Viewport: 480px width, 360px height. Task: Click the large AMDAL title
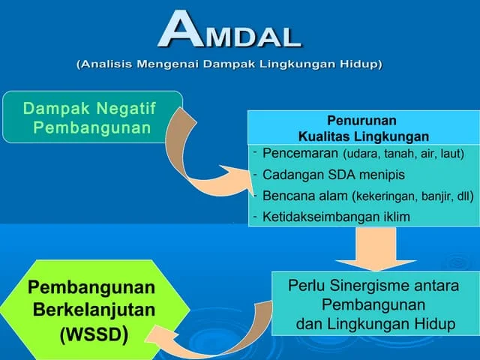[229, 31]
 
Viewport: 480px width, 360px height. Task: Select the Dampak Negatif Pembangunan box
[91, 118]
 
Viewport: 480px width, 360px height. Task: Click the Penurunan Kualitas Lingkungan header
[362, 128]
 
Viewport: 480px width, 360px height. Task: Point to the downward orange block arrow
[366, 247]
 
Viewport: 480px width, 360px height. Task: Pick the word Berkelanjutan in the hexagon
[94, 309]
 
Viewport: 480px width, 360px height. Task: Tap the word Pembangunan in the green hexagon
[91, 287]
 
